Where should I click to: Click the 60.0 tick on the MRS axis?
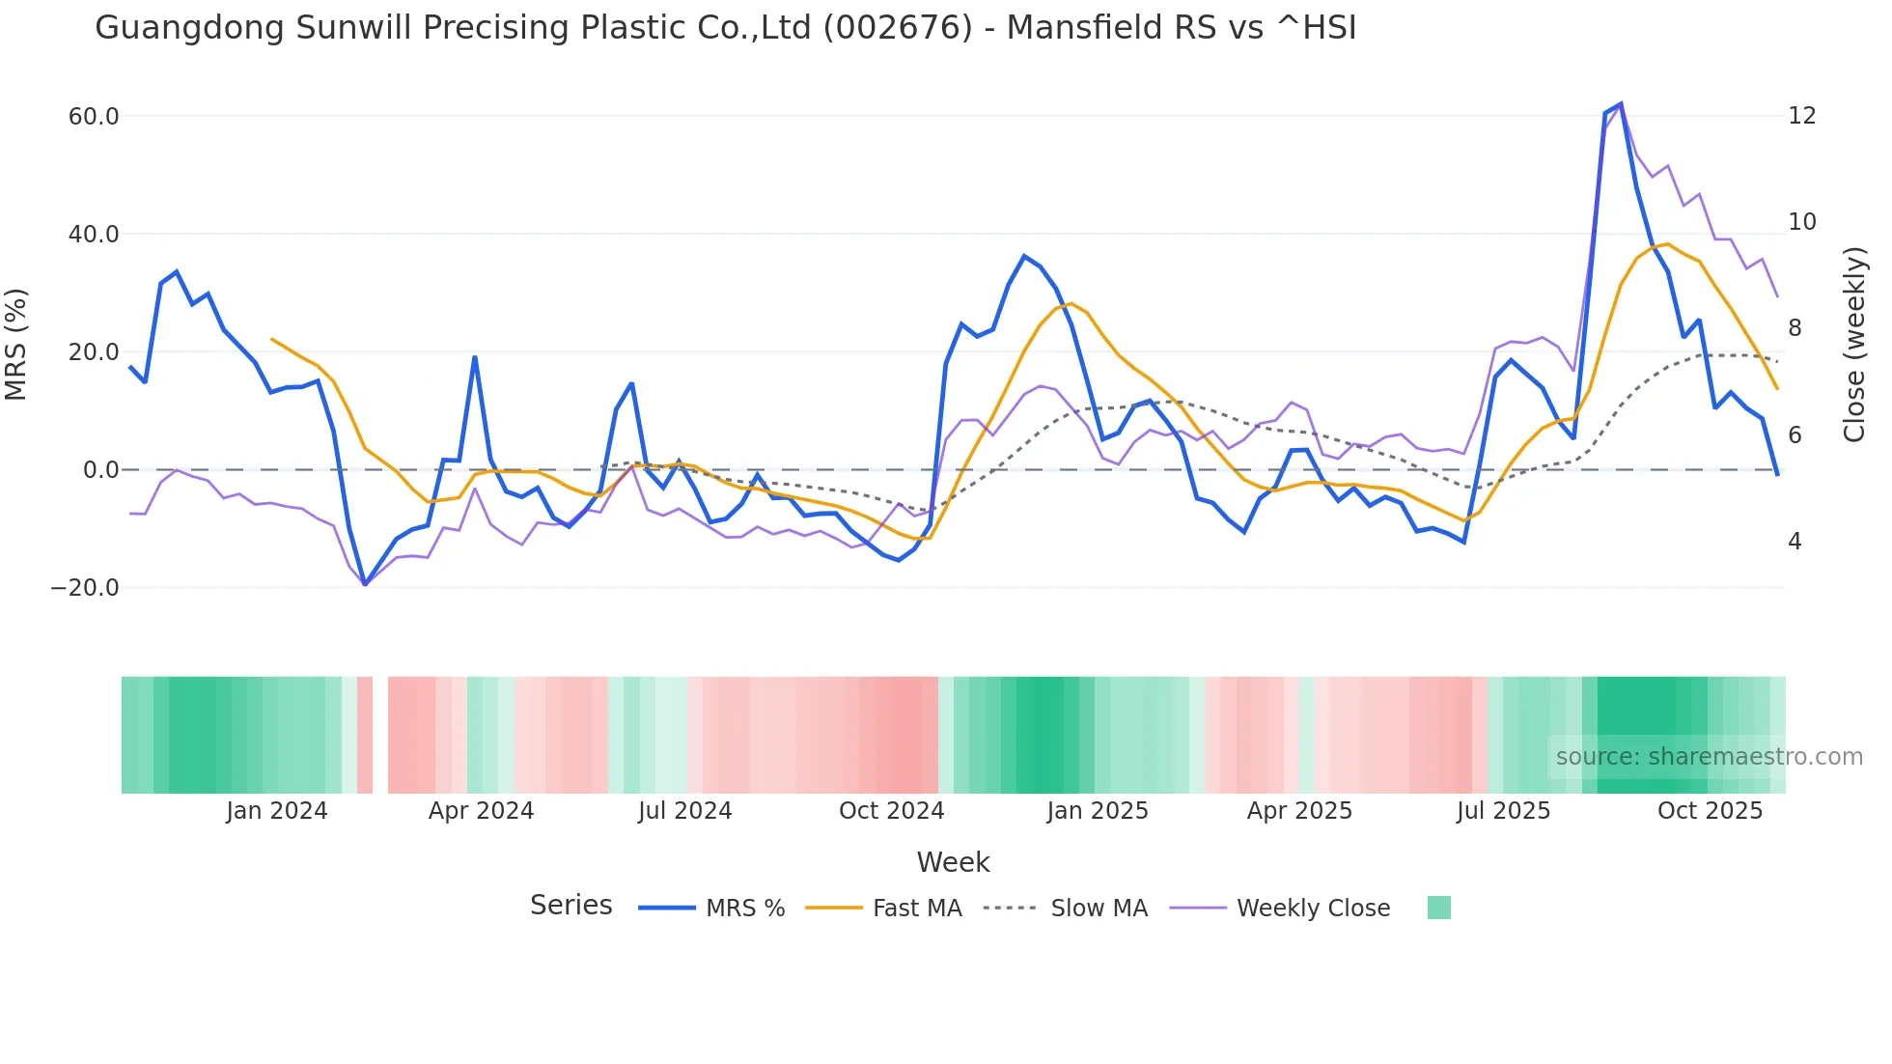pos(93,117)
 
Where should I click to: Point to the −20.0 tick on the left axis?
pos(85,588)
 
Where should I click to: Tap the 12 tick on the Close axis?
pos(1801,116)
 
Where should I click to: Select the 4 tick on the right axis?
pos(1795,542)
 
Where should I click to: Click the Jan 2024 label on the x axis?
pos(277,811)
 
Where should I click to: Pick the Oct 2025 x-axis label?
pos(1710,811)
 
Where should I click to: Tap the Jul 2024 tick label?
pos(684,811)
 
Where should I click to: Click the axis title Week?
pos(953,862)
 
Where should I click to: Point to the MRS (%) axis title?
pos(16,345)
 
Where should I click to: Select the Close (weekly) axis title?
pos(1853,345)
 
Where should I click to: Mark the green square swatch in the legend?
pos(1438,908)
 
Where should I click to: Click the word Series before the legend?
pos(570,906)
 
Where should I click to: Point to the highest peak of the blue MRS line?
pos(1621,103)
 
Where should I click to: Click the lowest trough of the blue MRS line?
pos(365,584)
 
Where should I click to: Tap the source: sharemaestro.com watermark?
pos(1709,757)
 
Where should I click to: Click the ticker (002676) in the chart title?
pos(897,28)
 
